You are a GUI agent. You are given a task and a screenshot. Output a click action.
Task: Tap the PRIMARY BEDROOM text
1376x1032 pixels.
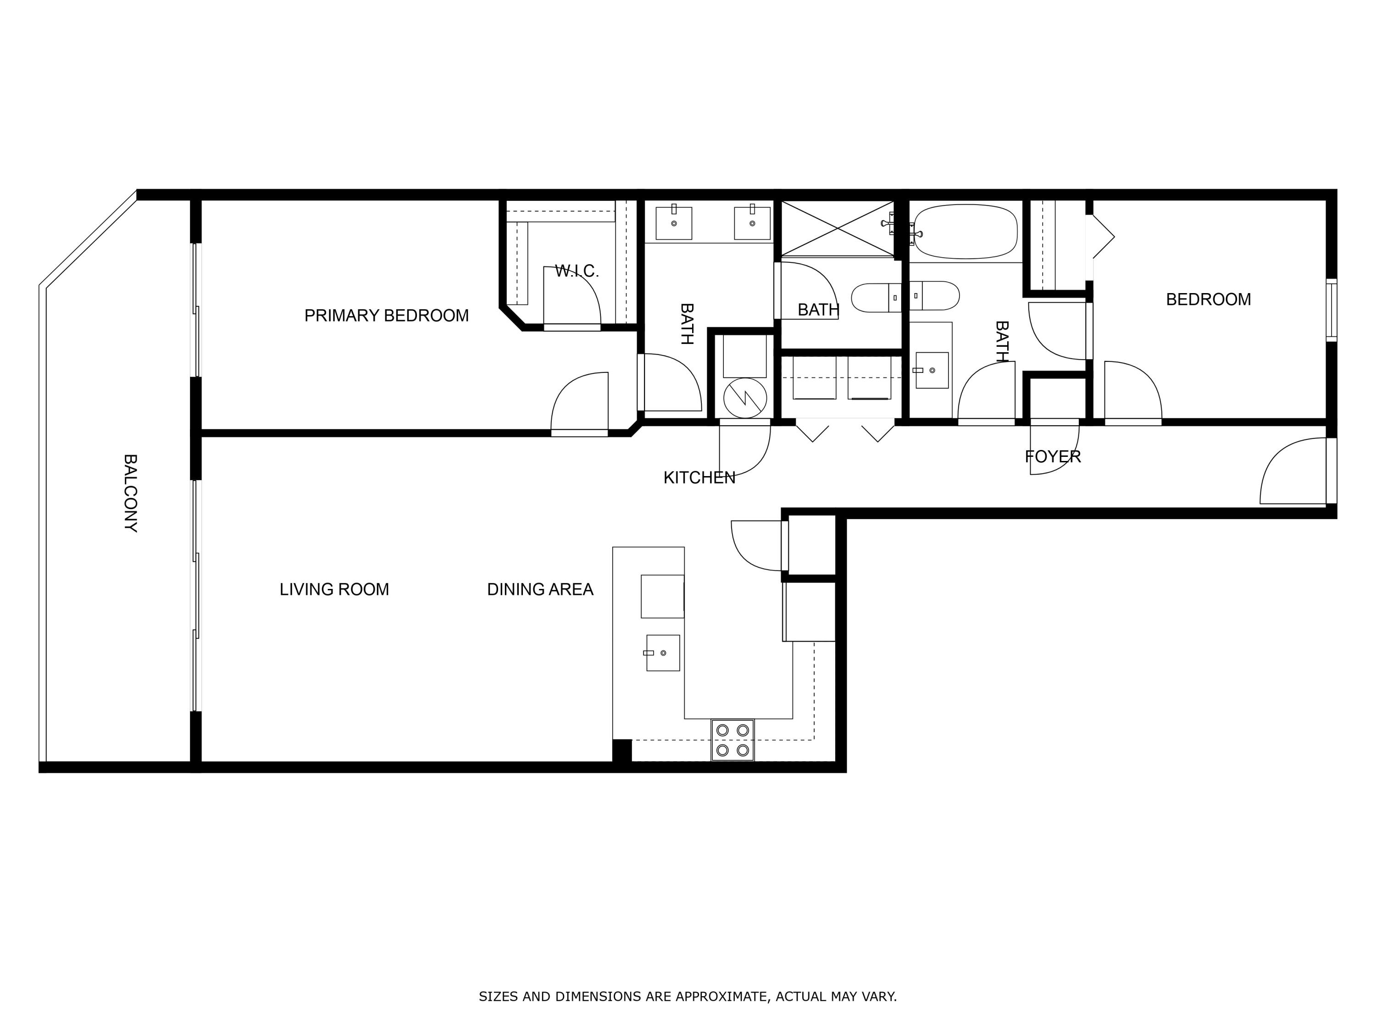click(x=386, y=316)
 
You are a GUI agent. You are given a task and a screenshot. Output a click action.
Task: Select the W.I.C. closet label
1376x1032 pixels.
click(x=577, y=271)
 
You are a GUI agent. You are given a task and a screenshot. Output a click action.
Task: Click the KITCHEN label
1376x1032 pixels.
click(x=699, y=478)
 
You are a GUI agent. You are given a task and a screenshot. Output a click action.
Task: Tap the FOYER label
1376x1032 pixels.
click(x=1053, y=456)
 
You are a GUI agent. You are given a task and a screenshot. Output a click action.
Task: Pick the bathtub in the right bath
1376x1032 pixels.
click(x=965, y=232)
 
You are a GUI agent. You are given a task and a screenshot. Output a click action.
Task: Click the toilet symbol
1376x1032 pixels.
click(x=905, y=297)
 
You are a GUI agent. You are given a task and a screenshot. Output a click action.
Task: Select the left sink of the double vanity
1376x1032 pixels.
click(x=674, y=223)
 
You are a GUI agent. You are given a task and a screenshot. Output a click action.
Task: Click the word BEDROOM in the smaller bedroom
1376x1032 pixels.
click(x=1208, y=299)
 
